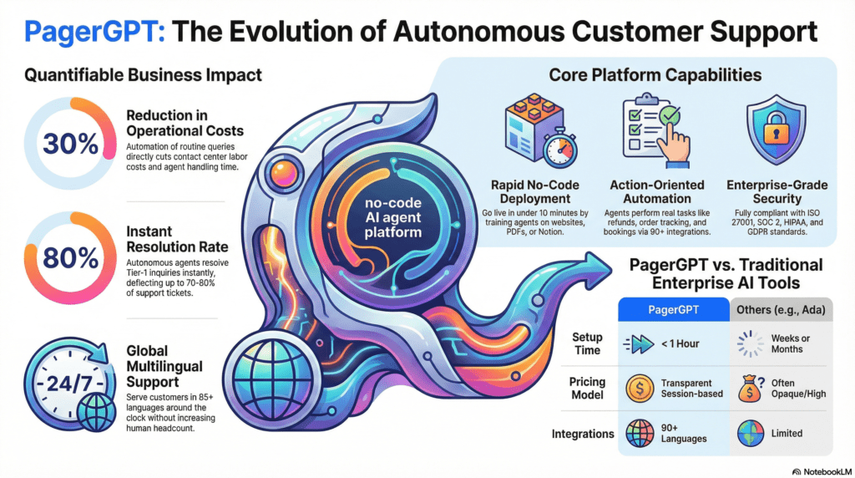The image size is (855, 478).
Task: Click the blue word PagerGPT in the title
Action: (94, 32)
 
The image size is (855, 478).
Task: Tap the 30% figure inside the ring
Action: (71, 144)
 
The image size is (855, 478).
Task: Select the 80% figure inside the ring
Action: (71, 257)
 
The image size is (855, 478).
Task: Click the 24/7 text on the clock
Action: (68, 384)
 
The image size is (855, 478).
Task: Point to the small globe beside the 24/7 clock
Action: (97, 412)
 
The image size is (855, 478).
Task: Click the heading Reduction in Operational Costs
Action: (185, 124)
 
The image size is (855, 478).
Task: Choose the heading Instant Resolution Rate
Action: (177, 239)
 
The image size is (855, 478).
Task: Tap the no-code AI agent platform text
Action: (392, 217)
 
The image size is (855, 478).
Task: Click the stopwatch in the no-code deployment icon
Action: (559, 149)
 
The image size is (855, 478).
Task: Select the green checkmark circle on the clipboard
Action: (669, 115)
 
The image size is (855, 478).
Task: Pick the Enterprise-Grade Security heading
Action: (777, 191)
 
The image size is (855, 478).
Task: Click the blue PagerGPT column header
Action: (674, 309)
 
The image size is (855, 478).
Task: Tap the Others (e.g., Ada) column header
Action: (781, 309)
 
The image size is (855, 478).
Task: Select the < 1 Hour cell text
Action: (680, 343)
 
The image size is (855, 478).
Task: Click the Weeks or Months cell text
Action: (790, 343)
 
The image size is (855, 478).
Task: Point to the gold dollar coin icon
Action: (640, 389)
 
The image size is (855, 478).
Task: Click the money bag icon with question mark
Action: (751, 389)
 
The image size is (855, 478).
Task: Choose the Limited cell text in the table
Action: (787, 433)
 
